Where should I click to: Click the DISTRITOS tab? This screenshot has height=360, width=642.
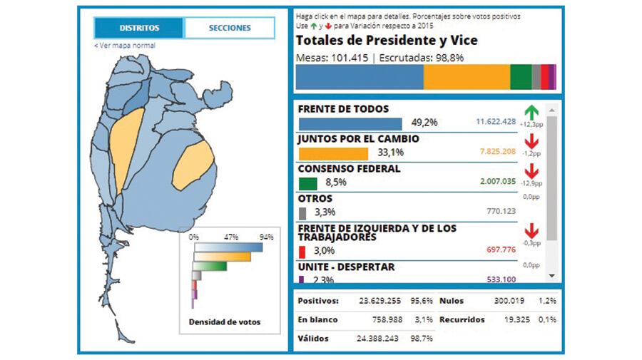coord(139,28)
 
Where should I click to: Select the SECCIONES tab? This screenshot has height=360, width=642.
coord(230,28)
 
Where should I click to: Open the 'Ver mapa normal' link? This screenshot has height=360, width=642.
coord(125,46)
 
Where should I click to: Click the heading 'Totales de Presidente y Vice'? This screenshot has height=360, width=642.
coord(387,40)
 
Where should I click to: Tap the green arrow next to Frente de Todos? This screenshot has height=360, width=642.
coord(531,112)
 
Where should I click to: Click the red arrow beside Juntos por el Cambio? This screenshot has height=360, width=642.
coord(531,141)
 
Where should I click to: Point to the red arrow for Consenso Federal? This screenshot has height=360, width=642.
coord(531,171)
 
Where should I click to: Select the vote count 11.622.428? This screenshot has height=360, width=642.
coord(495,123)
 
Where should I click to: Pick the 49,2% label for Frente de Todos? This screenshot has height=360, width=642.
coord(424,123)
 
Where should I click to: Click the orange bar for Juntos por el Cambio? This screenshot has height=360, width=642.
coord(332,153)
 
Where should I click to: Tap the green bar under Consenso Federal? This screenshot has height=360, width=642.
coord(307,182)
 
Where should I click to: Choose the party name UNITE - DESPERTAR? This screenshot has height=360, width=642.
coord(346,267)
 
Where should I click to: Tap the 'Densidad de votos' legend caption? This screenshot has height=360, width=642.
coord(225,322)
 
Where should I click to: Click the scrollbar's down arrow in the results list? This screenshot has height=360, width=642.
coord(551,275)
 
